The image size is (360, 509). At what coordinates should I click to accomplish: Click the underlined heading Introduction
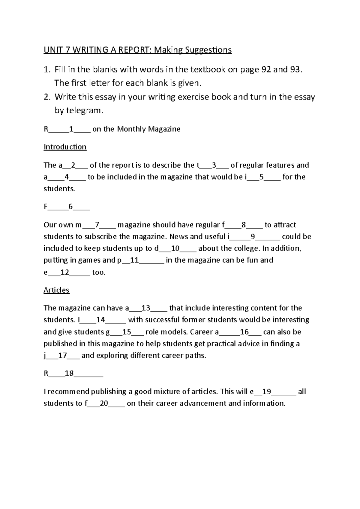click(x=65, y=147)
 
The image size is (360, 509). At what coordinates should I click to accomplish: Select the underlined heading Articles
click(x=56, y=290)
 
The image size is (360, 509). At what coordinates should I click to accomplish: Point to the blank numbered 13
click(x=146, y=308)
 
